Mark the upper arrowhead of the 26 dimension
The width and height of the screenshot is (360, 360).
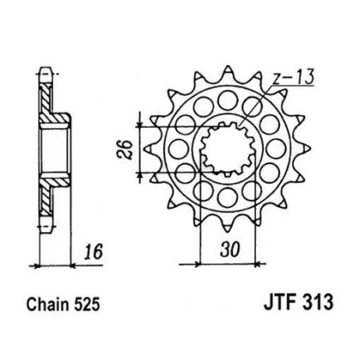(x=142, y=121)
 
